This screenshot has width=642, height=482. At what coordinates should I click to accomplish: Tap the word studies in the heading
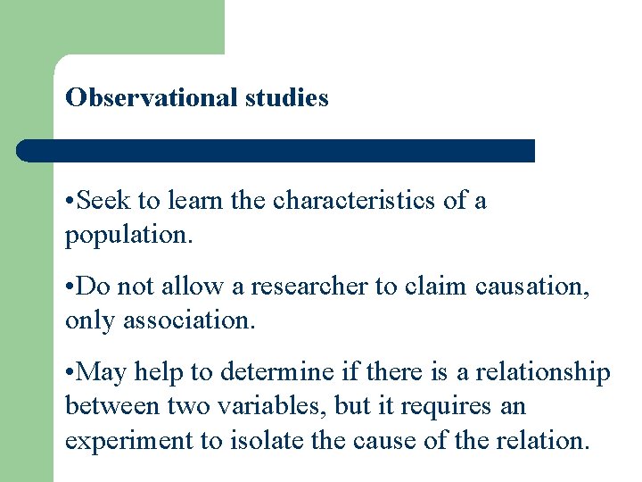pos(287,98)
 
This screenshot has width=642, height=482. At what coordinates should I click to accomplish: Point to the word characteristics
pos(355,201)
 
